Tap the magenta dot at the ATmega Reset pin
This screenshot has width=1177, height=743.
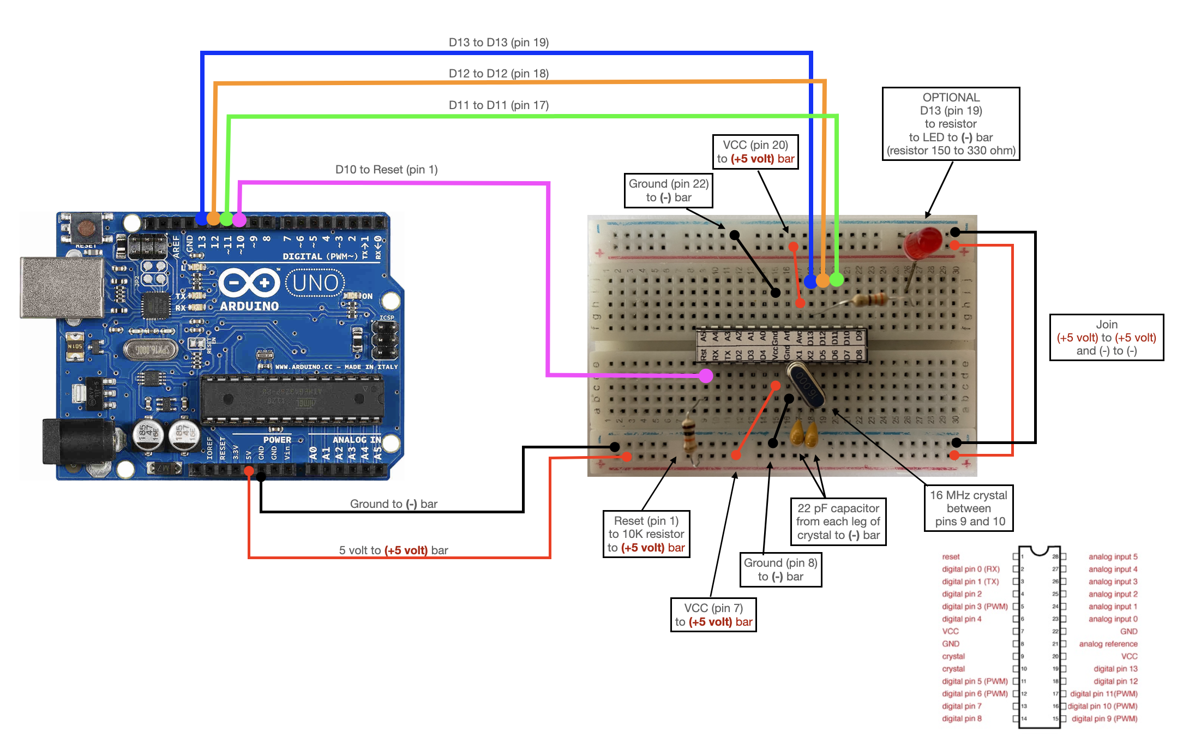[x=706, y=375]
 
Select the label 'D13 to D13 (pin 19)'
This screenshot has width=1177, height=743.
[x=499, y=43]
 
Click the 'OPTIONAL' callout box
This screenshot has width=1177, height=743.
[x=951, y=124]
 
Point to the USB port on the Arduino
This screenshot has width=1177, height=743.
[x=61, y=287]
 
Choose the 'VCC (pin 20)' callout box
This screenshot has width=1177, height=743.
[x=755, y=152]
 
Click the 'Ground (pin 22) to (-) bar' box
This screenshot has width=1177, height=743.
[x=668, y=190]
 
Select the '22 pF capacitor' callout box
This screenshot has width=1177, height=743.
[x=838, y=522]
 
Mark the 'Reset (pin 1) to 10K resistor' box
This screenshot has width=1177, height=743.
[x=646, y=534]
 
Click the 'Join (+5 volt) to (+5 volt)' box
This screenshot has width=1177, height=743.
[x=1106, y=337]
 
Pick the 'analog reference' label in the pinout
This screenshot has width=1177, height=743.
[x=1108, y=644]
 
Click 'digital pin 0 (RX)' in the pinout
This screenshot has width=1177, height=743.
[x=970, y=569]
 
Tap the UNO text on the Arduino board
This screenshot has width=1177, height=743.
[x=315, y=283]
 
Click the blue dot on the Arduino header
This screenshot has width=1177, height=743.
[x=201, y=219]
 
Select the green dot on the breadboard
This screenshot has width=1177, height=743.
[x=836, y=280]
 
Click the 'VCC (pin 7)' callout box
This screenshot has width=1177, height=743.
[x=713, y=615]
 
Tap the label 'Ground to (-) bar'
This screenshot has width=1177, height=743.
[x=393, y=504]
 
